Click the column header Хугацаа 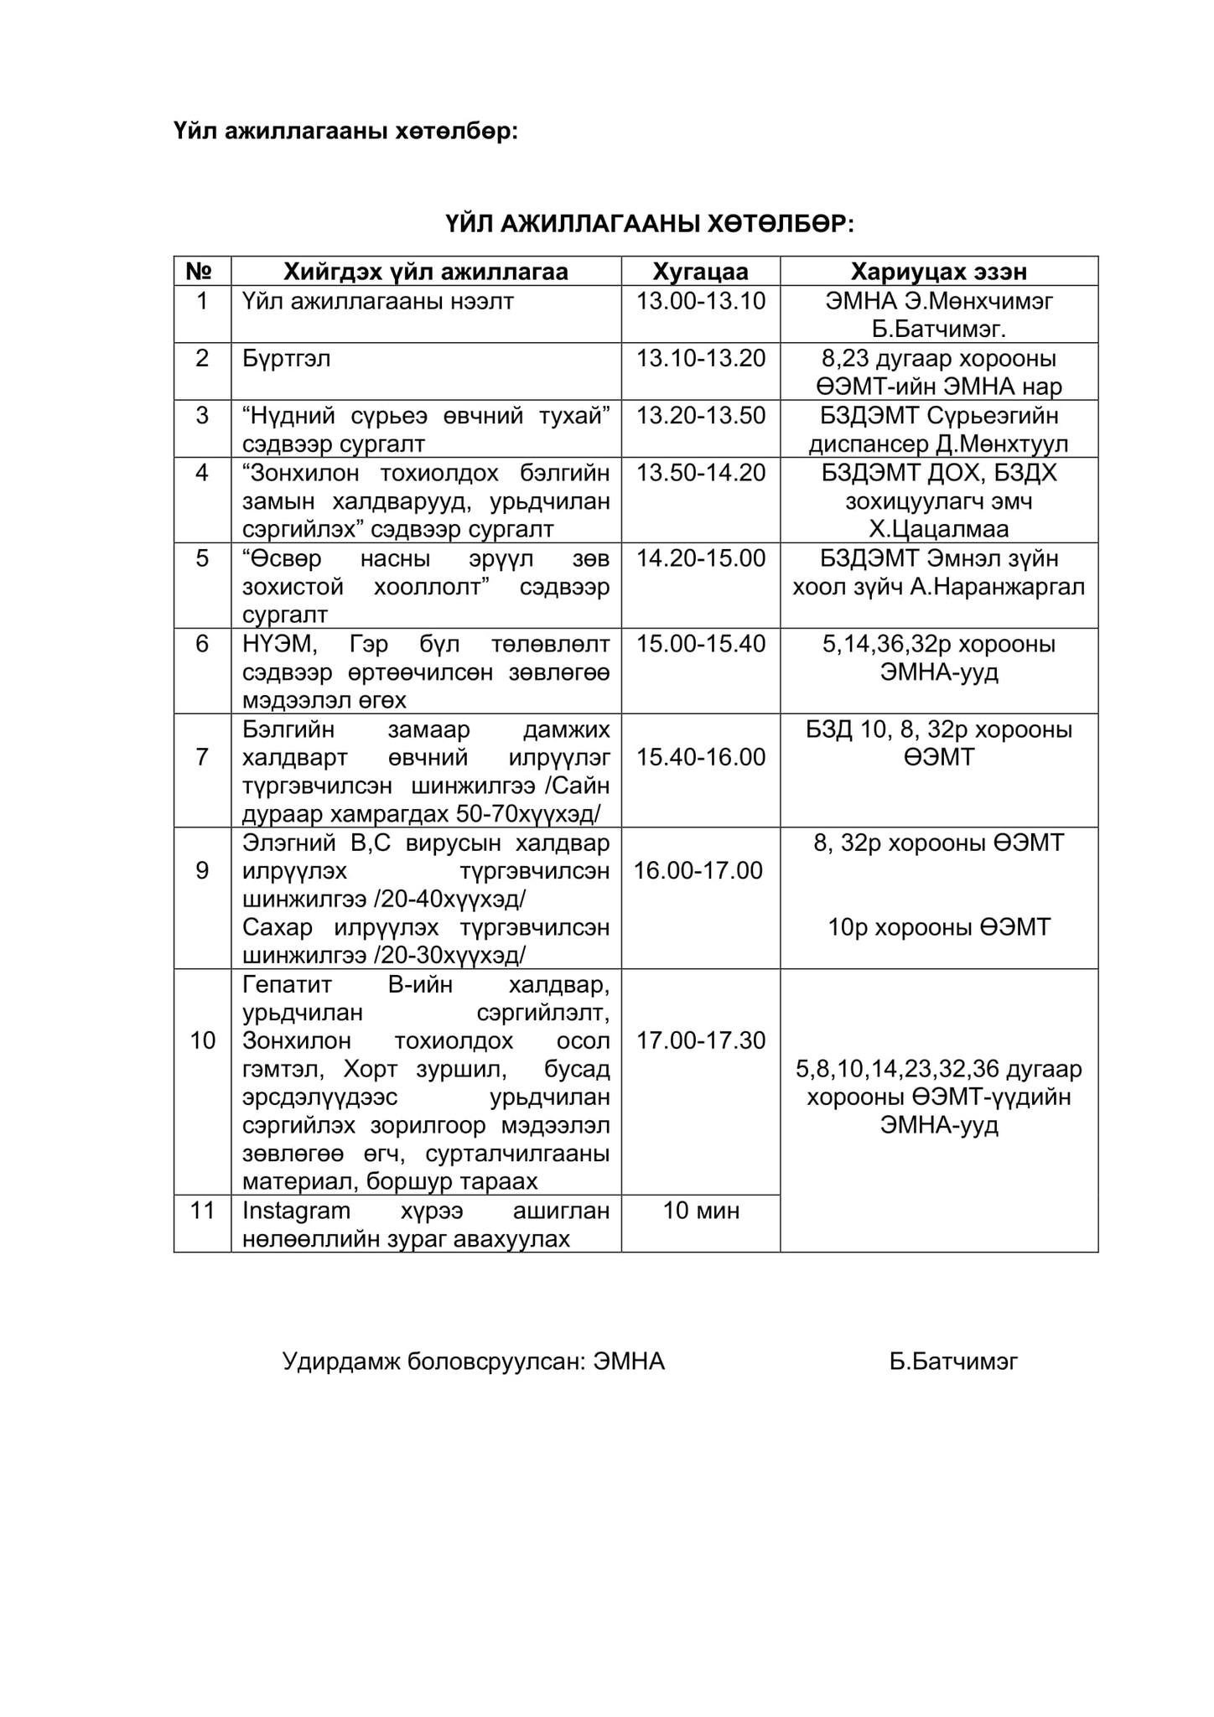(700, 272)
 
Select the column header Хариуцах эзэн (938, 272)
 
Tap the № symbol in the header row (202, 272)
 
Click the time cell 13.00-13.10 (700, 301)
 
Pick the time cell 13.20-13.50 (700, 416)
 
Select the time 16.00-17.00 (698, 870)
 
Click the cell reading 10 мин (700, 1211)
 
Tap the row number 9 (202, 870)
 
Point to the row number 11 (202, 1211)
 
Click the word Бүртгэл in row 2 (287, 359)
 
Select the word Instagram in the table (296, 1211)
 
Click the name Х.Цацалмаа (938, 530)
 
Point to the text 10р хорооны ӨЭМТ (938, 927)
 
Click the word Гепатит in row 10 (287, 983)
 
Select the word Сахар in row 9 (278, 928)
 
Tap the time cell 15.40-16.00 (700, 757)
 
